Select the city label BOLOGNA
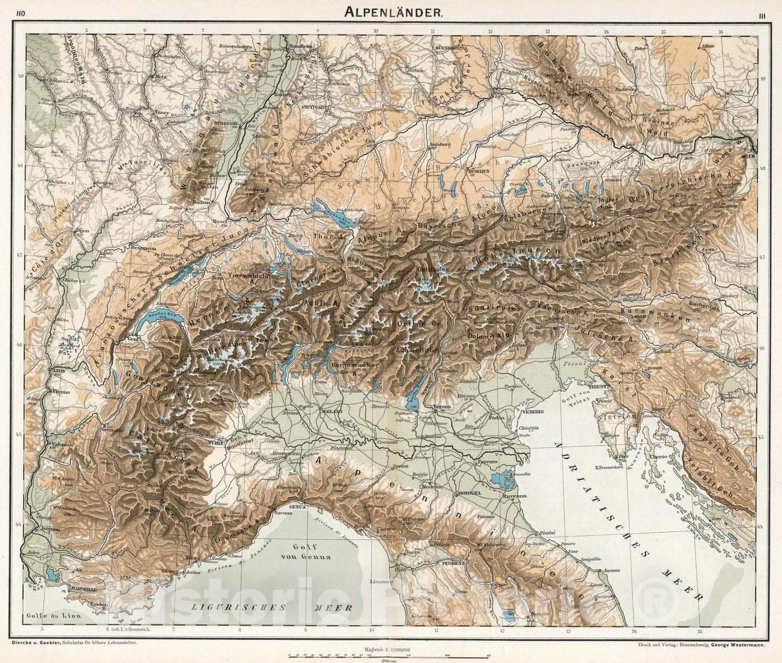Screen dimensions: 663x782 (468, 494)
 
